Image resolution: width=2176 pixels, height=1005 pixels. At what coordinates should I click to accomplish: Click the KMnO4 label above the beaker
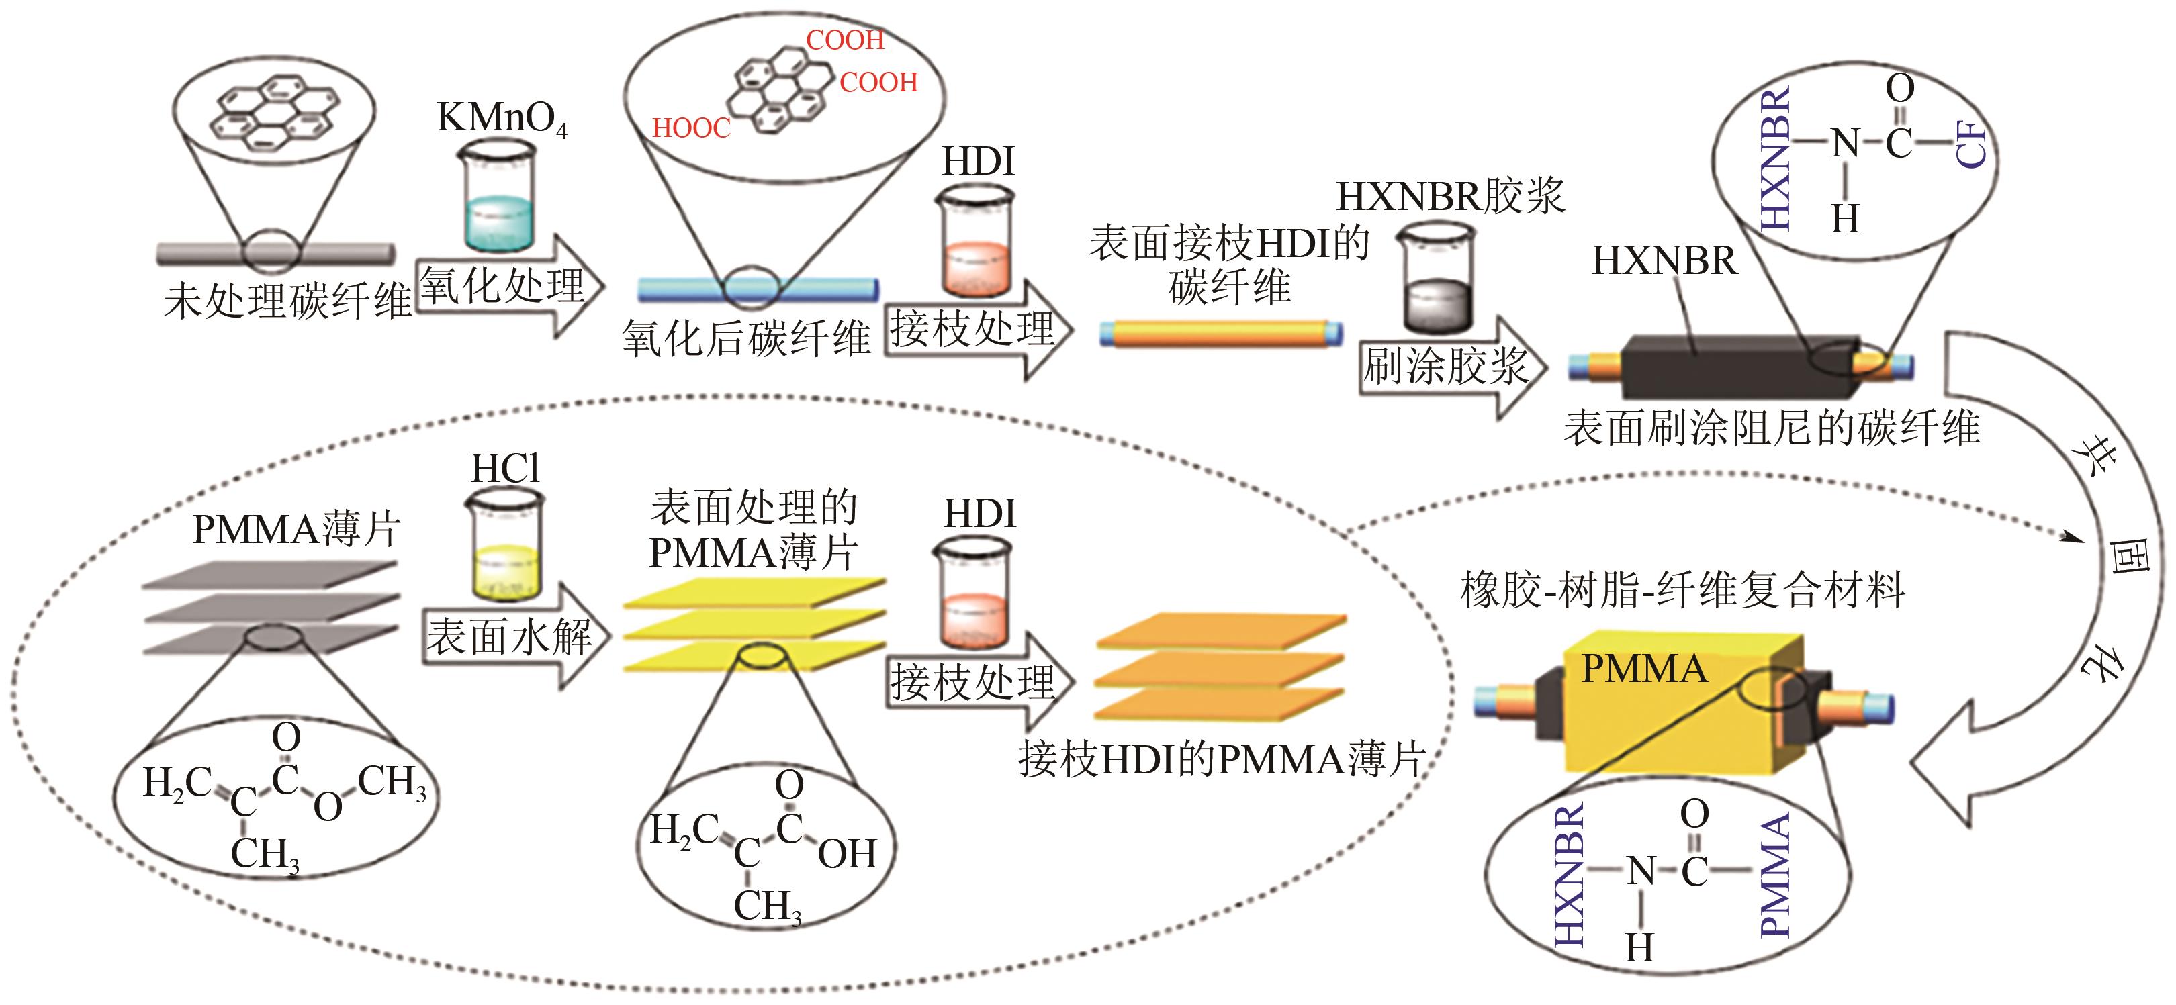(501, 118)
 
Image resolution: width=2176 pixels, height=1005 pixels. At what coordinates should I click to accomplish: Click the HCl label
(504, 469)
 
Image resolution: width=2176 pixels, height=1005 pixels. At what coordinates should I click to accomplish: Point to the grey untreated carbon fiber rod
(275, 252)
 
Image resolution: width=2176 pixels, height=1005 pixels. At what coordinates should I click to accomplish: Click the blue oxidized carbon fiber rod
(758, 289)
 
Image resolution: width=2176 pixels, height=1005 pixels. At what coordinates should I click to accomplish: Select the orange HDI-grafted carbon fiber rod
(1220, 333)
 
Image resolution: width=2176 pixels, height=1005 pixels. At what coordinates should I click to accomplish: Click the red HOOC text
(691, 128)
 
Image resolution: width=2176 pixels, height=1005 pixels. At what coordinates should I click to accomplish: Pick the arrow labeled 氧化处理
(509, 285)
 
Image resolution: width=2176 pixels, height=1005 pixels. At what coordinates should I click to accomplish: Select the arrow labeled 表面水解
(514, 636)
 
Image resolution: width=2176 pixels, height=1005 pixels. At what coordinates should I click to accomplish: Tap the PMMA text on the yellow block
(1643, 669)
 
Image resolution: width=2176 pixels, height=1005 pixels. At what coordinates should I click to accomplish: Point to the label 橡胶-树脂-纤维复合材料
(1682, 589)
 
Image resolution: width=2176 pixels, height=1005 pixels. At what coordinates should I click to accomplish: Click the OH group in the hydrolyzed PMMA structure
(848, 854)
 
